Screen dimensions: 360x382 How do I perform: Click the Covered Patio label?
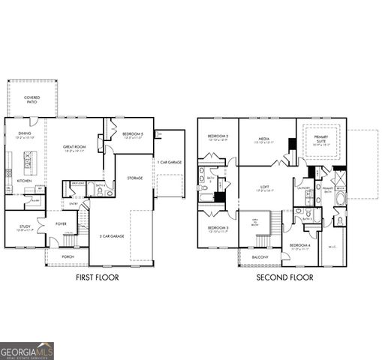32,100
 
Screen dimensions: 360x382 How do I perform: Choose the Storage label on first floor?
135,178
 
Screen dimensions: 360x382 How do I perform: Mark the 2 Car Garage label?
112,236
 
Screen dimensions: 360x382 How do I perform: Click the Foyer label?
61,223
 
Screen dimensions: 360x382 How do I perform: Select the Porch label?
68,256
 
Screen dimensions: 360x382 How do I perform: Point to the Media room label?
264,139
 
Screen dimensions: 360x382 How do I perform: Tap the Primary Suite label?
320,139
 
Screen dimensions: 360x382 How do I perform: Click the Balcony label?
260,256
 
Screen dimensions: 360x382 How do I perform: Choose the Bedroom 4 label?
300,245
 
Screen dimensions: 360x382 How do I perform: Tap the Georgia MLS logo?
27,350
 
